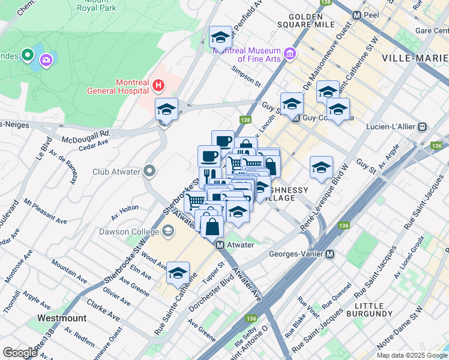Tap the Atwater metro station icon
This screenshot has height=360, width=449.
click(220, 245)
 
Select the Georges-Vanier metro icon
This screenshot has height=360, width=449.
click(330, 254)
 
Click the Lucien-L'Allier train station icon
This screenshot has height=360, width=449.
click(423, 127)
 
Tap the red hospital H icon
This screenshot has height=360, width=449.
click(158, 86)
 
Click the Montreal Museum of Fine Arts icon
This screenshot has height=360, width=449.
click(290, 55)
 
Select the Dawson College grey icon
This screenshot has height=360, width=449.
click(168, 231)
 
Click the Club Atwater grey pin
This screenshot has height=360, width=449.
click(149, 172)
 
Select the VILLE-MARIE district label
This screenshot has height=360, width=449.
click(414, 58)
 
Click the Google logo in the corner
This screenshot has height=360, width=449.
click(20, 353)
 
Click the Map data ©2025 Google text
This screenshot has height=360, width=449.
click(412, 355)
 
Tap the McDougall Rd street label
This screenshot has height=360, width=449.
click(85, 137)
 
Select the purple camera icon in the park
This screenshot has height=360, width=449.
click(46, 60)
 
